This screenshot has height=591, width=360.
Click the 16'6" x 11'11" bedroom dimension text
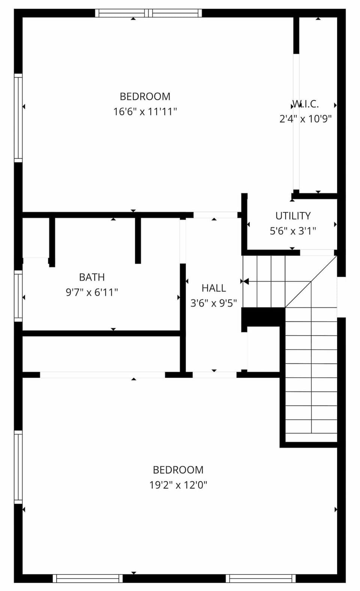[145, 112]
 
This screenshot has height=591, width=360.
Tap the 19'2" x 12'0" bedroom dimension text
[178, 485]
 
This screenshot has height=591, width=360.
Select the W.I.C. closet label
[306, 104]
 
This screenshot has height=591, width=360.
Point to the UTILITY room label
[293, 216]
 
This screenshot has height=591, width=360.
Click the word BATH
[91, 277]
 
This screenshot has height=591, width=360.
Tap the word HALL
[214, 288]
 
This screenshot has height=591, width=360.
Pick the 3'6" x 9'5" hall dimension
[214, 303]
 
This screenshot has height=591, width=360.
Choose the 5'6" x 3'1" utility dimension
[293, 231]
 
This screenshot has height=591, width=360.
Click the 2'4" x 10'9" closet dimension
[306, 119]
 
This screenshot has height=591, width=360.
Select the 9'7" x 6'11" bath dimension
[92, 292]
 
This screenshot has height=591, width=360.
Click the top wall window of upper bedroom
[148, 13]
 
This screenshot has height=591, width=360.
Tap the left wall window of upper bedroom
[18, 118]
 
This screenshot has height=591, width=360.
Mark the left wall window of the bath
[18, 295]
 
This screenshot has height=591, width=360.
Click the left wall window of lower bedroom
[18, 467]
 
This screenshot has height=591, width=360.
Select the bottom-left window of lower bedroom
[88, 578]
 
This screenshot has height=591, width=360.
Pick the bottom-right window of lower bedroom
[261, 578]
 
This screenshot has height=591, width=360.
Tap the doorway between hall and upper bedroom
[215, 215]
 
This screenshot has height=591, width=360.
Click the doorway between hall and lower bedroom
[214, 375]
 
